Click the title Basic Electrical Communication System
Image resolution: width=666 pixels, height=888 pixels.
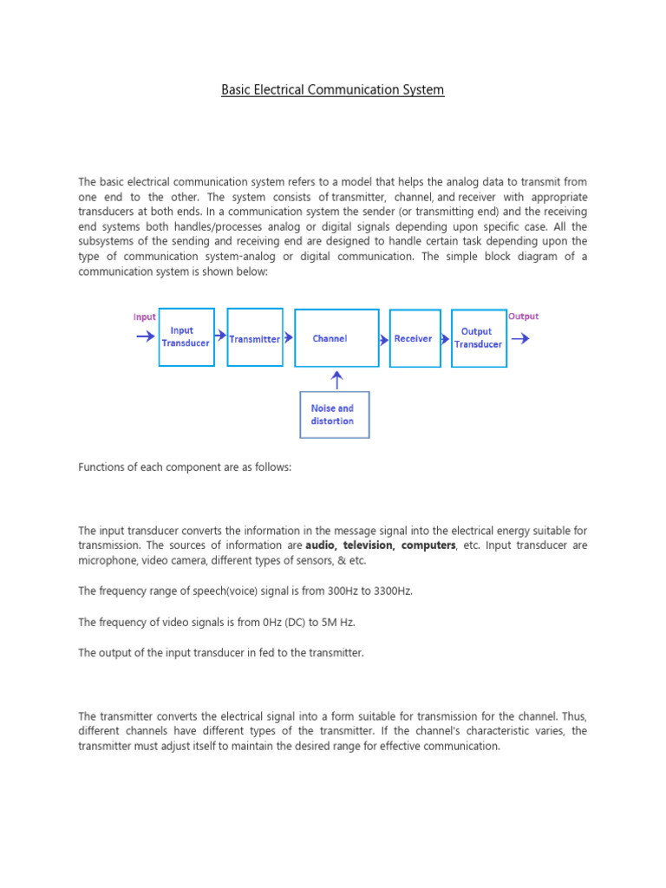click(333, 89)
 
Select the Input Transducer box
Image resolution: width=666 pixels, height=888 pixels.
click(186, 336)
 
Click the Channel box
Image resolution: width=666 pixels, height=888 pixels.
click(336, 338)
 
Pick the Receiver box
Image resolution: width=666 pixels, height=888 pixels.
click(413, 338)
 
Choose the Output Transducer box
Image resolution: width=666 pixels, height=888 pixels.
click(478, 338)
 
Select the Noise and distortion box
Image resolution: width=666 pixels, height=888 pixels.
click(333, 415)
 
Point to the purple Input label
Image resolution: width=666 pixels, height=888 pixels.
click(145, 317)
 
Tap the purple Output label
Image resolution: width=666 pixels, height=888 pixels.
click(523, 317)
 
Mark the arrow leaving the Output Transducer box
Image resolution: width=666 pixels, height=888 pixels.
click(520, 338)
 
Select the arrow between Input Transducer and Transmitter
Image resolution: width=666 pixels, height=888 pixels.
click(220, 335)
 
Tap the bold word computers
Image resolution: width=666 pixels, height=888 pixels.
click(428, 545)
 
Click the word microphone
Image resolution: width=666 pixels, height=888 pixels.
click(106, 560)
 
